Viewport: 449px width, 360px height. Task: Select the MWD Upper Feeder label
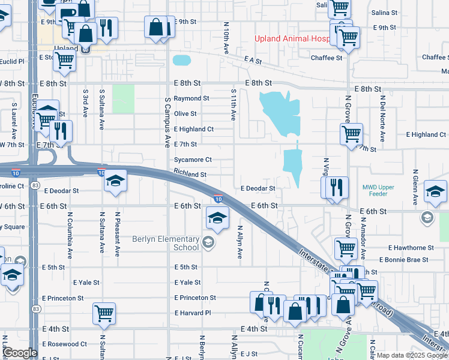pyautogui.click(x=378, y=191)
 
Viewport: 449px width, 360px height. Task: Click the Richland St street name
pyautogui.click(x=190, y=175)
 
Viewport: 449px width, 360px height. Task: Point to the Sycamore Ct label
pyautogui.click(x=193, y=160)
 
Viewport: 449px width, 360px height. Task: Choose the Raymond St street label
pyautogui.click(x=191, y=98)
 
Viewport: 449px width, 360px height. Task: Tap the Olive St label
pyautogui.click(x=185, y=113)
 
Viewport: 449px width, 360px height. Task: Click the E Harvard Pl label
pyautogui.click(x=193, y=313)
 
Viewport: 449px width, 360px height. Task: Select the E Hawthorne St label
pyautogui.click(x=411, y=247)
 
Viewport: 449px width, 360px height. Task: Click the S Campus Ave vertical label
pyautogui.click(x=167, y=123)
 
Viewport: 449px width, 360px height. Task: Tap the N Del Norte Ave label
pyautogui.click(x=381, y=121)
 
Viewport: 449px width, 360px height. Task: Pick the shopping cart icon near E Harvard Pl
pyautogui.click(x=104, y=313)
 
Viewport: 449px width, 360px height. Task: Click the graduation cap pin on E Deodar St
pyautogui.click(x=114, y=181)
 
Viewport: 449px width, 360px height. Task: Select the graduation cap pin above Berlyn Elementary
pyautogui.click(x=217, y=217)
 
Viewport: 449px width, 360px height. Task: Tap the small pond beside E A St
pyautogui.click(x=181, y=61)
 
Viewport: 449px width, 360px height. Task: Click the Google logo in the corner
pyautogui.click(x=20, y=353)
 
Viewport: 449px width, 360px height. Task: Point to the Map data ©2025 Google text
pyautogui.click(x=411, y=355)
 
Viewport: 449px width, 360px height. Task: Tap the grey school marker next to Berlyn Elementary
pyautogui.click(x=208, y=242)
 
